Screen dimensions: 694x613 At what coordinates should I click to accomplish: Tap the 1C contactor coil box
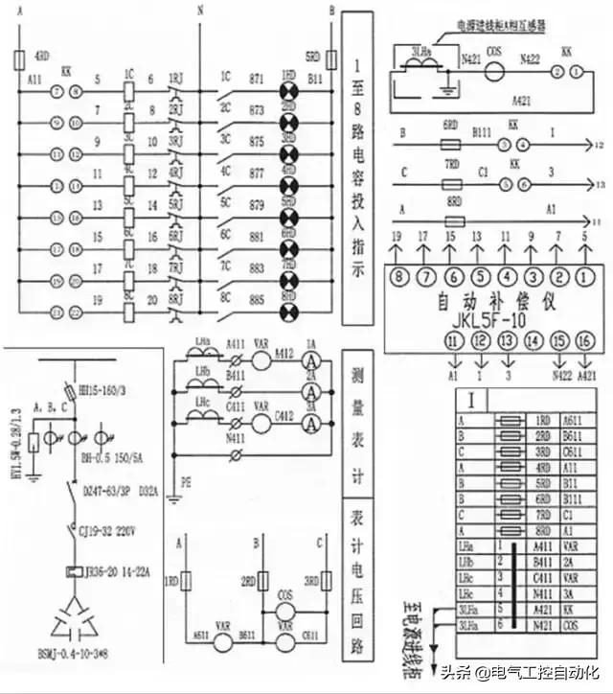(127, 93)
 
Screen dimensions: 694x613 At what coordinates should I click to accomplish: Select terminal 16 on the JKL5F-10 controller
(586, 340)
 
